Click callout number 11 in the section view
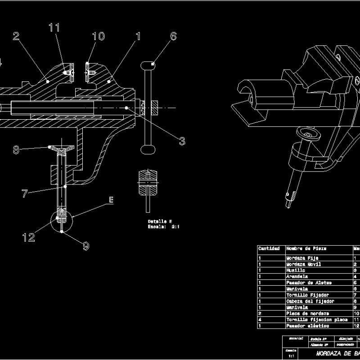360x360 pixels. click(x=54, y=27)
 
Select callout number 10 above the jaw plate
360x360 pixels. click(x=98, y=36)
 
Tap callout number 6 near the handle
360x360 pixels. click(x=174, y=36)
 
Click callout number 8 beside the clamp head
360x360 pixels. click(x=16, y=150)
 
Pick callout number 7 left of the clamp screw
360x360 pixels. click(x=25, y=193)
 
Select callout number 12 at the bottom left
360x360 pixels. click(x=29, y=237)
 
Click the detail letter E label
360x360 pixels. click(x=110, y=200)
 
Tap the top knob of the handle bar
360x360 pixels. click(x=149, y=65)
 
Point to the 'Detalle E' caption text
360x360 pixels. click(x=160, y=221)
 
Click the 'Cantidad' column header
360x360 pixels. click(x=269, y=248)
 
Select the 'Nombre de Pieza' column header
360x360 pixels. click(x=306, y=248)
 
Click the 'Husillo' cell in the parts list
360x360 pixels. click(x=296, y=270)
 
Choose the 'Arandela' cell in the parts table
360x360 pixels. click(x=297, y=276)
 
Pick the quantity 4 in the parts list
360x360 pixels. click(x=260, y=319)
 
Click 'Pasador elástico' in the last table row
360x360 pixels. click(x=307, y=326)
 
